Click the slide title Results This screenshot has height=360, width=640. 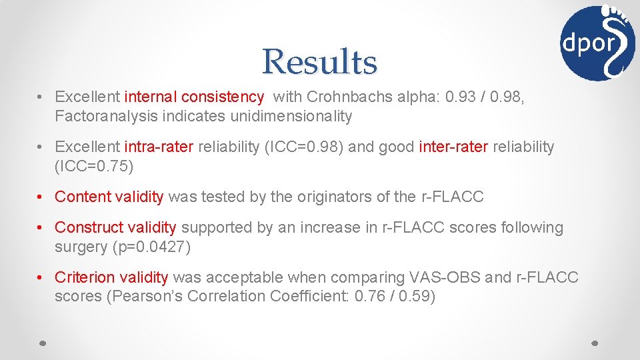click(x=319, y=62)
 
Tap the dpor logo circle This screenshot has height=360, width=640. click(x=597, y=43)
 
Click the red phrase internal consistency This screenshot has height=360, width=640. click(x=194, y=97)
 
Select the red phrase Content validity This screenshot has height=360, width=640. click(x=109, y=197)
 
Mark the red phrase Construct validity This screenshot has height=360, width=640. click(x=115, y=228)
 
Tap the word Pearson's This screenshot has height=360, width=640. click(x=141, y=297)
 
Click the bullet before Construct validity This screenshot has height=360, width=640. click(x=41, y=228)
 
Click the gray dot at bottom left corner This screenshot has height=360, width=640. click(x=42, y=343)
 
